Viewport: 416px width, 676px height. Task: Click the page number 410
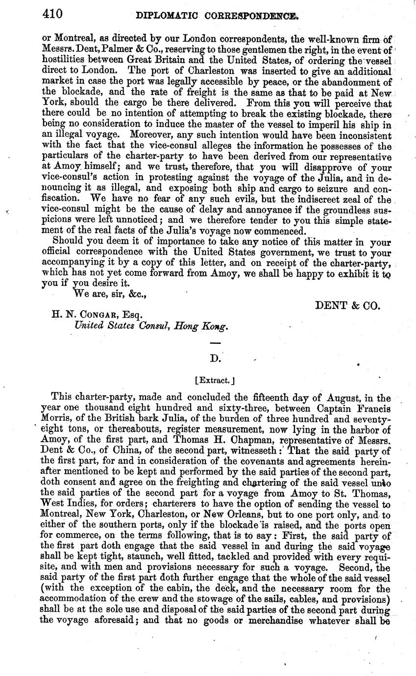[51, 14]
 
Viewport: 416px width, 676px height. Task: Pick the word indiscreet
[327, 200]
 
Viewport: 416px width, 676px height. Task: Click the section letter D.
[216, 359]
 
